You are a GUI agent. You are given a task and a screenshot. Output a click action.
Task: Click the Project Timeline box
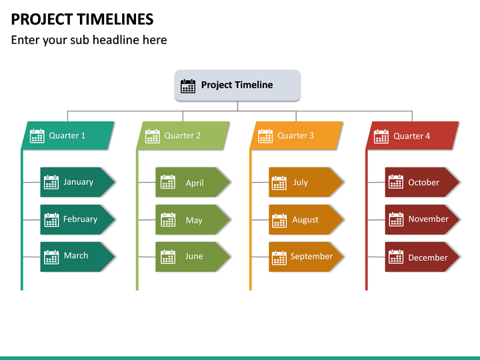(237, 85)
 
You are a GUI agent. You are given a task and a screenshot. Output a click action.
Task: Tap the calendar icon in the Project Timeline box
(188, 85)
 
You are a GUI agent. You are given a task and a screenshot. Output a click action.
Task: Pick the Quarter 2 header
(184, 135)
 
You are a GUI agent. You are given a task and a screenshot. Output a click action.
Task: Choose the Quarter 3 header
(297, 135)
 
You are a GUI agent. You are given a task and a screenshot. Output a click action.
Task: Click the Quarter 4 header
(413, 135)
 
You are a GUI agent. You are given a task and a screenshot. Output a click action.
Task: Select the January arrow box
(77, 182)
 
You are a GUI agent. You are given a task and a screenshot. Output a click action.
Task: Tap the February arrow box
(77, 219)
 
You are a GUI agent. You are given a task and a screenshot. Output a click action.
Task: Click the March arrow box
(77, 257)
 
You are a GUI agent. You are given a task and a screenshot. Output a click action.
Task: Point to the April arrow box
(193, 182)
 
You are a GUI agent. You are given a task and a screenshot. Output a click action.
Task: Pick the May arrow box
(193, 219)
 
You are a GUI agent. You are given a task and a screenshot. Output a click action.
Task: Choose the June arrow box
(193, 257)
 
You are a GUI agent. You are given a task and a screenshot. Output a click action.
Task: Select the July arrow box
(306, 182)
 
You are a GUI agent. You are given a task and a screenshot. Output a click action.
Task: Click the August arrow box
(306, 219)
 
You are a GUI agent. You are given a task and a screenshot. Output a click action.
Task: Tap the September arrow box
(306, 257)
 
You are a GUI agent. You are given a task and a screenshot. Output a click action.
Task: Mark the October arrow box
(422, 182)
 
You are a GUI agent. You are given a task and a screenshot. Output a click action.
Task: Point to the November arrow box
(422, 219)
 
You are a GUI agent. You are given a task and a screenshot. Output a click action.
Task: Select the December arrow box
(422, 257)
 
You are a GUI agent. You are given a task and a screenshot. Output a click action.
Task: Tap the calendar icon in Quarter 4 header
(381, 136)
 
